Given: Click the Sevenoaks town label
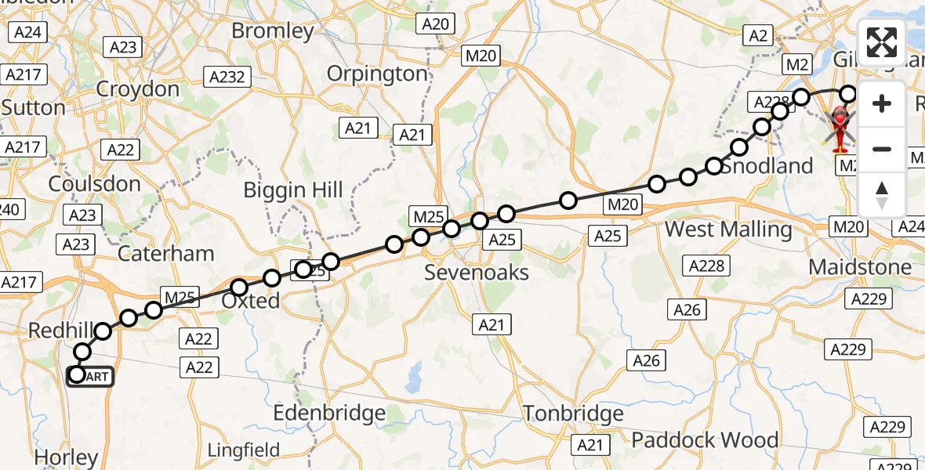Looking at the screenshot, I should [x=477, y=273].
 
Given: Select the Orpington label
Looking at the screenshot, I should [x=378, y=74].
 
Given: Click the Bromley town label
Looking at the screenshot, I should [x=273, y=31].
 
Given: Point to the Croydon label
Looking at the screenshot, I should [x=138, y=89].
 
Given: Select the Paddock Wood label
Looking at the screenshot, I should [x=705, y=440].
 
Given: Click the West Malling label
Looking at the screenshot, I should [x=728, y=230].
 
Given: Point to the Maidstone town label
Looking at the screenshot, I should [x=860, y=267].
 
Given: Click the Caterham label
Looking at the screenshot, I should [x=165, y=253].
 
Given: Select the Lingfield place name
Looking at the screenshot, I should [x=243, y=450].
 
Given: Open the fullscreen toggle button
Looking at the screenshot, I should [x=882, y=43].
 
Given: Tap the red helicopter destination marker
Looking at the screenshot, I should [x=840, y=126].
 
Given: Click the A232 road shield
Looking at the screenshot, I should [x=227, y=77].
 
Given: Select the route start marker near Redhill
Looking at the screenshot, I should [x=77, y=375].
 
